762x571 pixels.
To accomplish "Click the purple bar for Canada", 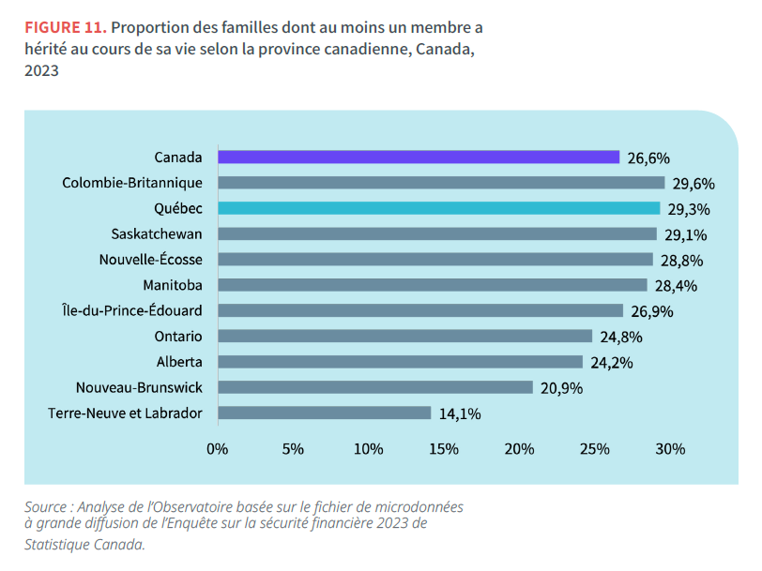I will point(419,158).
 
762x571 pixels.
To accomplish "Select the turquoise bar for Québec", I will point(439,208).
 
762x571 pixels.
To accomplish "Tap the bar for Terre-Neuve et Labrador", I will point(324,413).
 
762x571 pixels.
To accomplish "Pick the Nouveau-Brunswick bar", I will point(375,387).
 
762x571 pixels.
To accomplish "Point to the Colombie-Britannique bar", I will point(441,183).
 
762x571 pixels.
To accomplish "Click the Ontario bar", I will point(404,336).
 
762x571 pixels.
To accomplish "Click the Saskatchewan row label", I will point(156,233).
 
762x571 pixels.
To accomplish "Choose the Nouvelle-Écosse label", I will point(151,260).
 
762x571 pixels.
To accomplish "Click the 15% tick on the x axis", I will point(444,449).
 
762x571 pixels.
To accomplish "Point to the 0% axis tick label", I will point(218,449).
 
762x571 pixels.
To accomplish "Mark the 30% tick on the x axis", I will point(670,449).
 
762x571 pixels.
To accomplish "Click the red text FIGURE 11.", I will point(65,26).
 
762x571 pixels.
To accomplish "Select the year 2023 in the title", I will point(42,70).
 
